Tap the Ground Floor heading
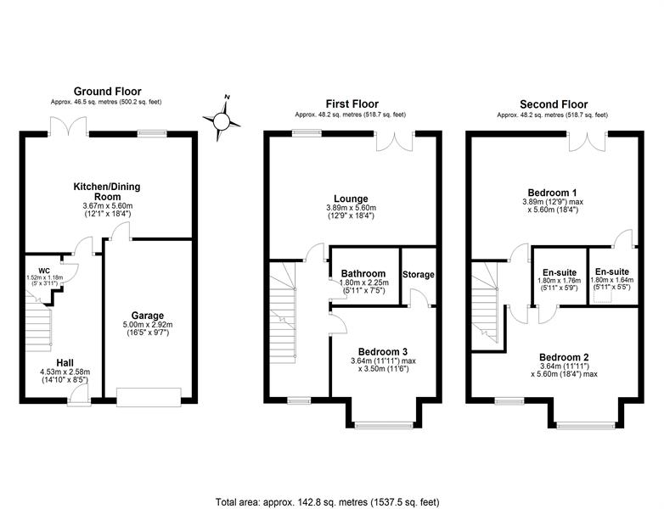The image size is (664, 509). point(108,92)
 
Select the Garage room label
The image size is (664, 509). point(148,316)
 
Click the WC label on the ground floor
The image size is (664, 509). point(44,271)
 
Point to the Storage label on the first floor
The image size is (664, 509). point(419,275)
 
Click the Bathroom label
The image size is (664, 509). point(363,274)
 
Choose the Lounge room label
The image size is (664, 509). point(351,199)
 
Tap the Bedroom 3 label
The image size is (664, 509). point(383,351)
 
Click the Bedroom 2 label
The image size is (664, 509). point(564,357)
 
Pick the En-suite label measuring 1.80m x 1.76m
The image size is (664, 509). point(560,272)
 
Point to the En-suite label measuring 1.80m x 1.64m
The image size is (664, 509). point(612,271)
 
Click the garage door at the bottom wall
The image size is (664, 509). point(149,397)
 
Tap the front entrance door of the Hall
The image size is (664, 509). point(79,397)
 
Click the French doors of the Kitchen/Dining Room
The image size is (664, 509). point(69,126)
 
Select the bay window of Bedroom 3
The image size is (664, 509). point(384,425)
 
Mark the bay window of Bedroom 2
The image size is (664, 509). point(586,425)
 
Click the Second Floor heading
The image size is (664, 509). point(554,104)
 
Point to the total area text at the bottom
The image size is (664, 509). point(328,502)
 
